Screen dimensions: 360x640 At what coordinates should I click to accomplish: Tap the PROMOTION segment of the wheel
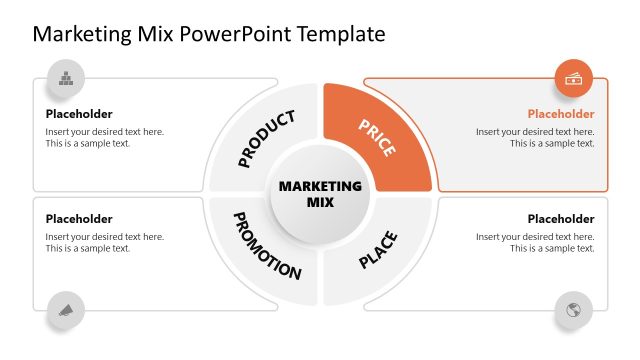265,245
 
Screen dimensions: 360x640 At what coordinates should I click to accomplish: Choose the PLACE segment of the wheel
378,249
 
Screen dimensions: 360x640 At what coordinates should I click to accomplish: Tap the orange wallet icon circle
574,78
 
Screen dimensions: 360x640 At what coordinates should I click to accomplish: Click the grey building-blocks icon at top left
66,78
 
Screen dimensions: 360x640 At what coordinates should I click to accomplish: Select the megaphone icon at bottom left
66,309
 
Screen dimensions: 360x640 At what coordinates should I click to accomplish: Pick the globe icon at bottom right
574,309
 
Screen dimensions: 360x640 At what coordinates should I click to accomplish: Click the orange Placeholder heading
561,114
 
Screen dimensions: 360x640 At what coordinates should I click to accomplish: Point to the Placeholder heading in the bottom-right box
561,219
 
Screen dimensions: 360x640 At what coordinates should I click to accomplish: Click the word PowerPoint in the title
233,34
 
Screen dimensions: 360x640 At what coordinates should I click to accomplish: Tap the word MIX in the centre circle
320,202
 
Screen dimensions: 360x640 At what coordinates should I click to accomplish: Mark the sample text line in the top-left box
88,143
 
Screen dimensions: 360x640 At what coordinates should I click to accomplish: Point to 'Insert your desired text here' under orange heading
535,131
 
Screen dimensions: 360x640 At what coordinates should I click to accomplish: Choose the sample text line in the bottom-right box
552,248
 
